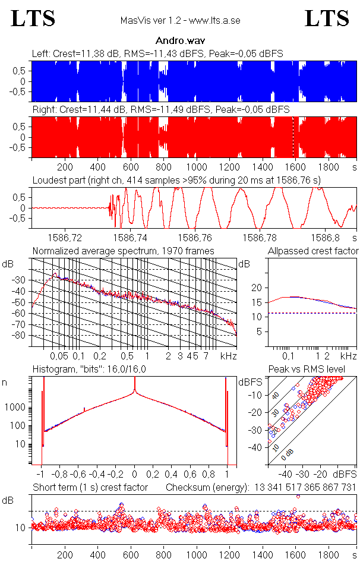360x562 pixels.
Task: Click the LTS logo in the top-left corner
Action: click(x=33, y=18)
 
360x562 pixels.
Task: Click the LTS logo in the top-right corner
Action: click(x=327, y=18)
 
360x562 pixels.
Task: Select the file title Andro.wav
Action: click(x=179, y=41)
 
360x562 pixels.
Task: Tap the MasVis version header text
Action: click(x=179, y=21)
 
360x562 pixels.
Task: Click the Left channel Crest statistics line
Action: click(x=157, y=53)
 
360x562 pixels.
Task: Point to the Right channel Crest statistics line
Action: click(x=160, y=110)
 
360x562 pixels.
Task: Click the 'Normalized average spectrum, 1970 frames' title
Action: click(x=123, y=251)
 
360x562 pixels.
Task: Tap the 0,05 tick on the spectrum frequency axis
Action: click(x=59, y=356)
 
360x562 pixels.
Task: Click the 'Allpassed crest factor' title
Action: click(x=313, y=251)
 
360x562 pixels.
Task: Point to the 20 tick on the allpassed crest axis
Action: click(x=257, y=288)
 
